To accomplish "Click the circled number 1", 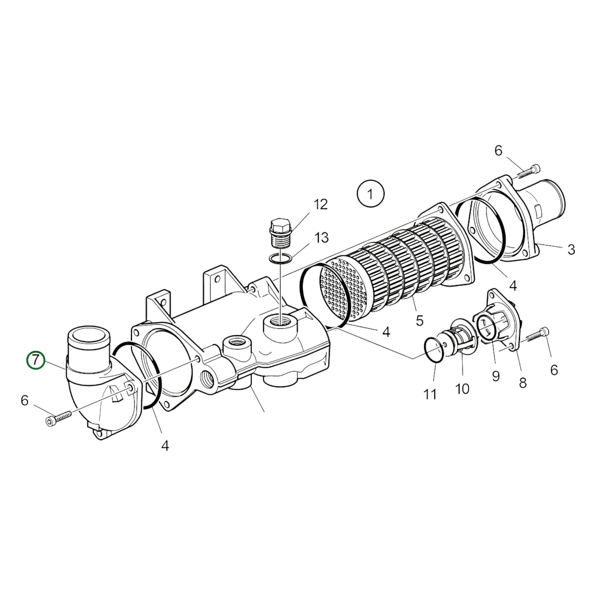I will click(370, 193).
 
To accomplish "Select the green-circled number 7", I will click(36, 360).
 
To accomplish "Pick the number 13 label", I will click(321, 238).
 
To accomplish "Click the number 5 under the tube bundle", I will click(419, 320).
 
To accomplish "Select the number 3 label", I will click(571, 249).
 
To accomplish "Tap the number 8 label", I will click(523, 383).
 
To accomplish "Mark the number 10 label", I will click(462, 388).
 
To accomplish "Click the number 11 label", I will click(430, 395).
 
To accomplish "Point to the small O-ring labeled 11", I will click(434, 351).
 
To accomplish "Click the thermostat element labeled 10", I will click(461, 337).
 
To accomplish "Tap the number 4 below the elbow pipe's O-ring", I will click(165, 445).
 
